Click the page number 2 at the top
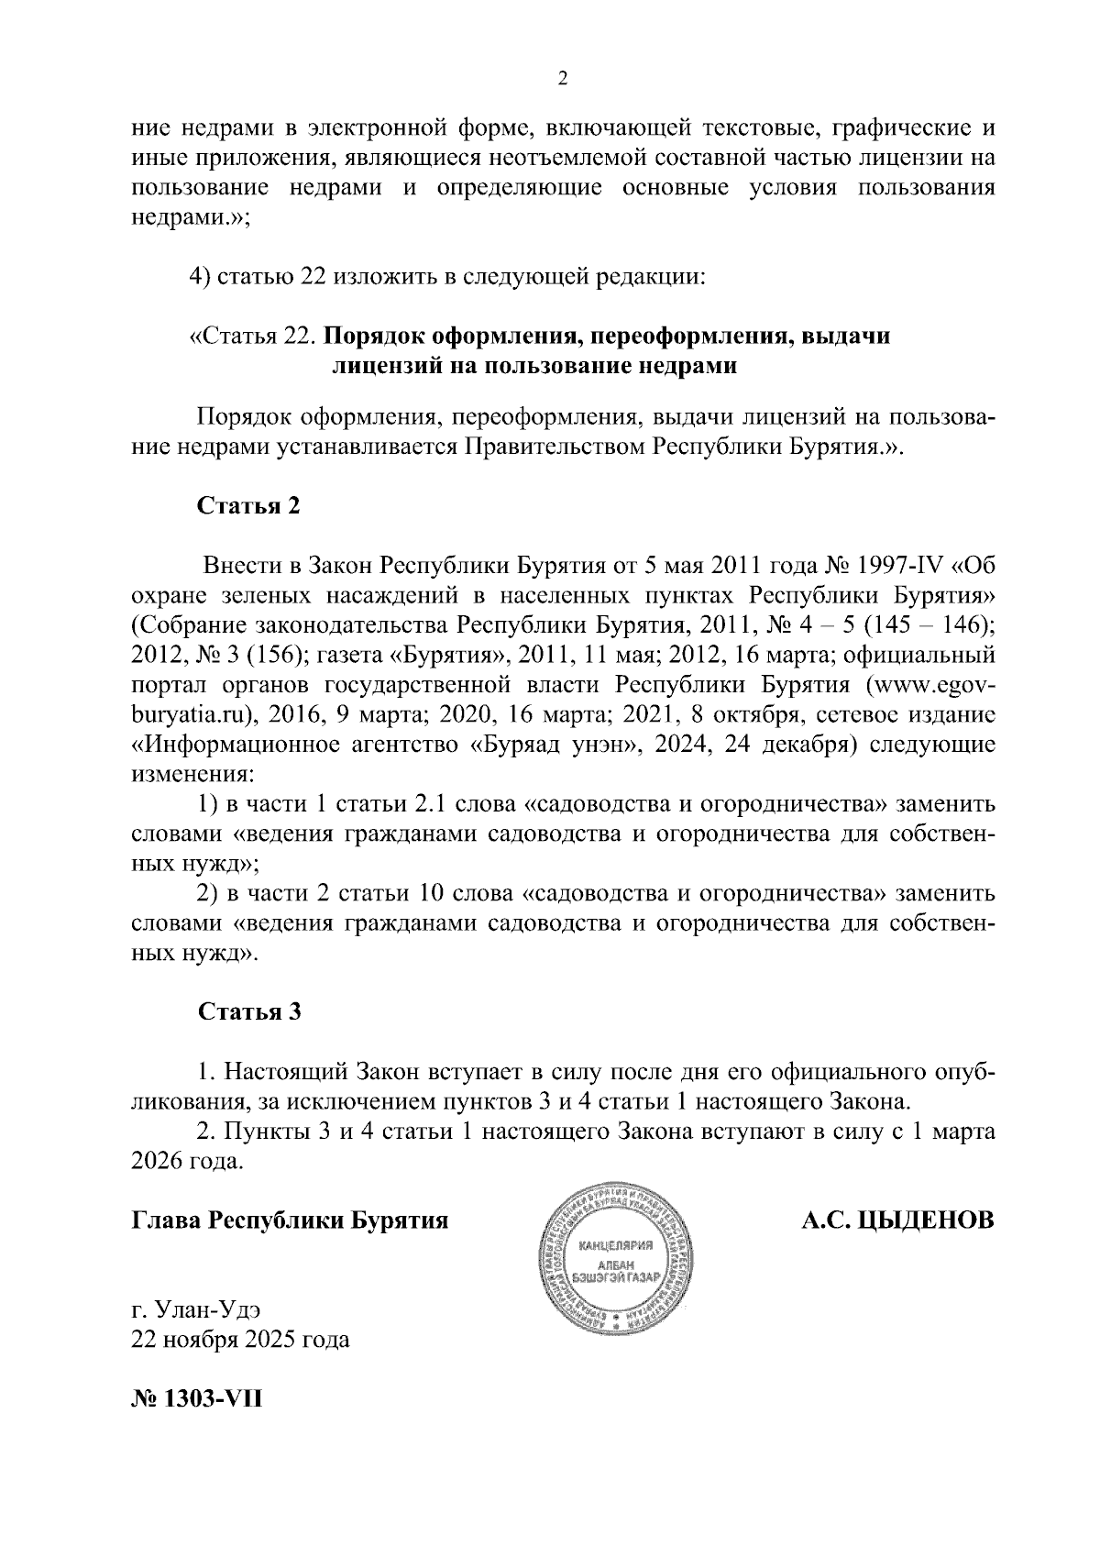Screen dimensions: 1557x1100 [x=563, y=80]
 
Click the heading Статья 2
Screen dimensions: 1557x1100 [x=248, y=506]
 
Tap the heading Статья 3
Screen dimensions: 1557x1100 [x=248, y=1011]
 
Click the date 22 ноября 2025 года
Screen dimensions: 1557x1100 [x=241, y=1340]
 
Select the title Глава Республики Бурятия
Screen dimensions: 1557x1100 [x=291, y=1221]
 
